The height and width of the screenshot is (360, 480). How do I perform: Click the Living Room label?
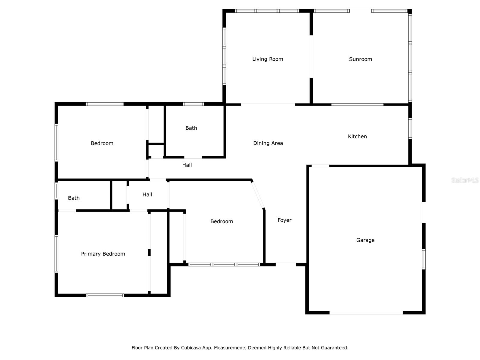[267, 59]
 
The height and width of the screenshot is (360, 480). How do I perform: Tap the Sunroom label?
[360, 59]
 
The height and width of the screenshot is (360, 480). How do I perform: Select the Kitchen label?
[357, 136]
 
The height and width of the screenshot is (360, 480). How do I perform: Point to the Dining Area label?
[268, 143]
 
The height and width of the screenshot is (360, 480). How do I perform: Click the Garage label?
[365, 240]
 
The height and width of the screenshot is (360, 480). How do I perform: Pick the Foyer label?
[284, 220]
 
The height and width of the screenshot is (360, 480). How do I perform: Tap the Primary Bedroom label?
[103, 254]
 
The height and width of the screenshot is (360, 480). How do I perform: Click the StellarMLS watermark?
[465, 180]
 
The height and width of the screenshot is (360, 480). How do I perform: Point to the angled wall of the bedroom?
[258, 194]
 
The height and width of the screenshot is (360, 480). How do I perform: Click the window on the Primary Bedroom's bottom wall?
[105, 295]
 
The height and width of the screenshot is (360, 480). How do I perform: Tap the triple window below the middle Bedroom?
[224, 265]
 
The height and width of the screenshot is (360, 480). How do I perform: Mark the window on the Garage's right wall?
[424, 259]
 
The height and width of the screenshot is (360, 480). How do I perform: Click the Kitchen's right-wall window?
[410, 128]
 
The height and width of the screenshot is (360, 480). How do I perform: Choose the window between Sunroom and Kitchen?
[357, 104]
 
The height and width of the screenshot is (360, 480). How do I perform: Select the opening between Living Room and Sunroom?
[311, 56]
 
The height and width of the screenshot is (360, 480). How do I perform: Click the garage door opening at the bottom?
[366, 313]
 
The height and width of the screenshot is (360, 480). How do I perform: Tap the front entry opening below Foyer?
[286, 265]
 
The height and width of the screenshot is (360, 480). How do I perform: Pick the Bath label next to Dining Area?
[191, 128]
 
